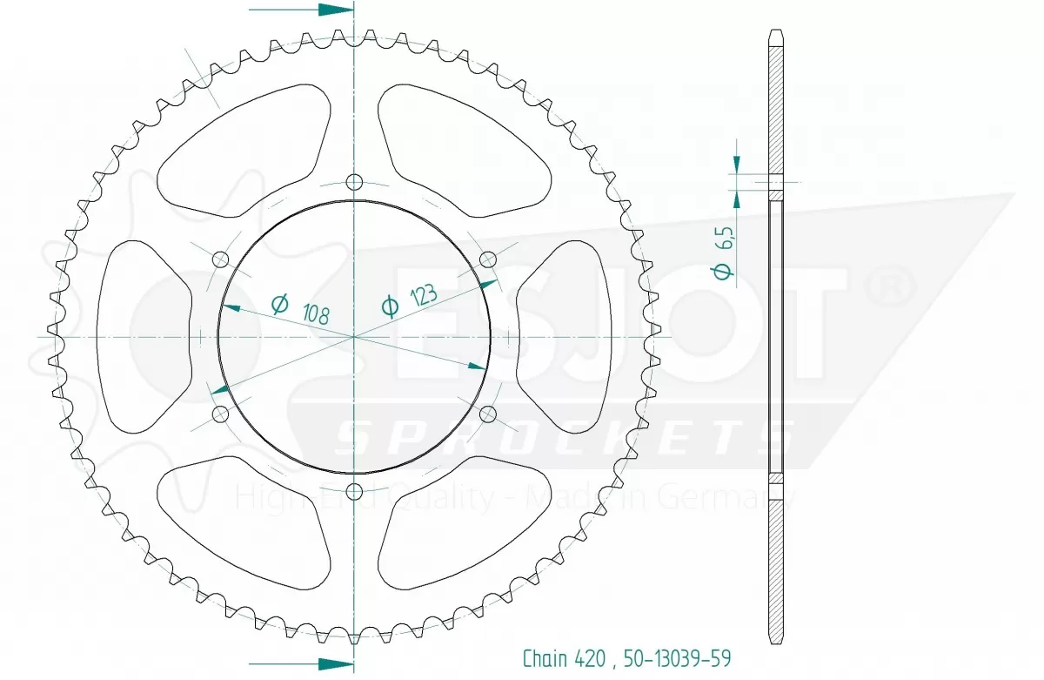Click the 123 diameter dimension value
point(424,295)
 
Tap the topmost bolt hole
point(355,181)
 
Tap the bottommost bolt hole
point(355,491)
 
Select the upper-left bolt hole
point(220,259)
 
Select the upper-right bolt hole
point(488,259)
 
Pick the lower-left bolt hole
point(220,414)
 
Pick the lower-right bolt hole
point(488,414)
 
